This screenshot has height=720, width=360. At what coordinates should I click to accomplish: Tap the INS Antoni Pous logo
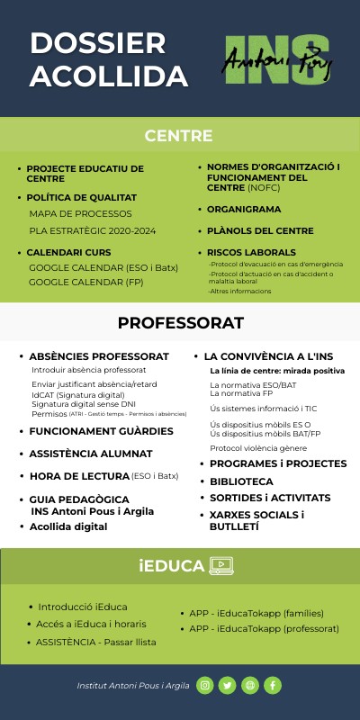pos(277,60)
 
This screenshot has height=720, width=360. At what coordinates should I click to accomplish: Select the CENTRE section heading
pos(179,137)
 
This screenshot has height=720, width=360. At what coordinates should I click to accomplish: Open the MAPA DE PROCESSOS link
pos(80,213)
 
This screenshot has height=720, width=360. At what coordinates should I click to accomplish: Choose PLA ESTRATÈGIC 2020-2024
pos(93,231)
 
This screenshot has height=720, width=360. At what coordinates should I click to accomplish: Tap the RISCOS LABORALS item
pos(251,252)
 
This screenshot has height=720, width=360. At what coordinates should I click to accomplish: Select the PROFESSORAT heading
pos(180,323)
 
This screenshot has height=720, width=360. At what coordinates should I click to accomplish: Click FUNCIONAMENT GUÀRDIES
pos(101,431)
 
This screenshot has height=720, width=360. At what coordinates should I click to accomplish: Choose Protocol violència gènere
pos(258,448)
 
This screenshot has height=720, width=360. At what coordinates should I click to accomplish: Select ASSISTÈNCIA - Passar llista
pos(96,642)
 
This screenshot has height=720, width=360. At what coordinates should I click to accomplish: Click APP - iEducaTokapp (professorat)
pos(264,628)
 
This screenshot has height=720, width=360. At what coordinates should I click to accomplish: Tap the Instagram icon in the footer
pos(205,686)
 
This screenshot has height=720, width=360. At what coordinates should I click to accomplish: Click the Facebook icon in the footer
pos(272,686)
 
